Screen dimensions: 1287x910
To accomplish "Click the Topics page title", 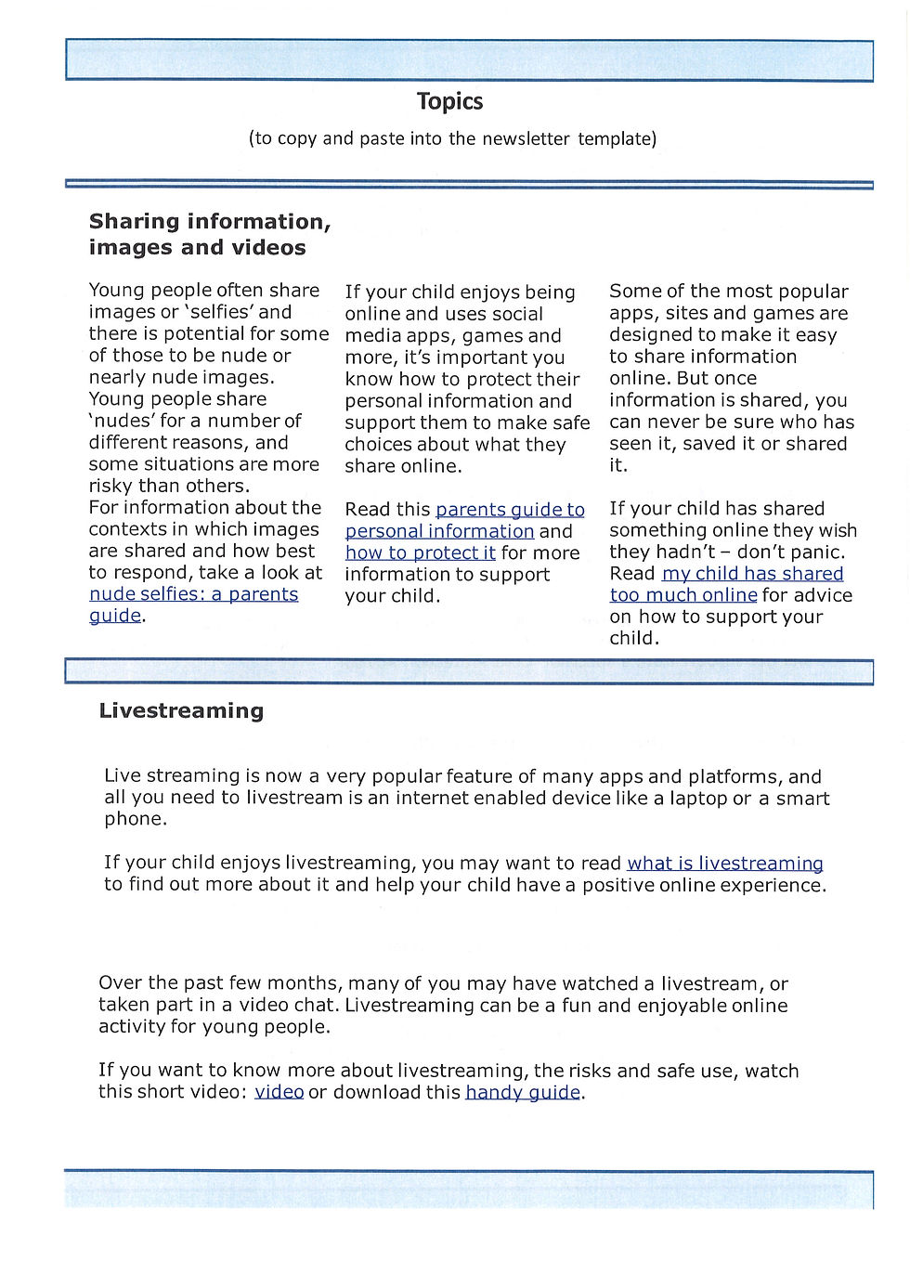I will coord(449,101).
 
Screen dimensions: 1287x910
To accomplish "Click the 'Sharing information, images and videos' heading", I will coord(210,234).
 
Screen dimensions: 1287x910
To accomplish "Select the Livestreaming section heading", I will coord(181,711).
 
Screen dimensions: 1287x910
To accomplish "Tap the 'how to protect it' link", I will coord(420,553).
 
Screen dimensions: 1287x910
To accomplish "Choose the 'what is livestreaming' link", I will coord(724,864).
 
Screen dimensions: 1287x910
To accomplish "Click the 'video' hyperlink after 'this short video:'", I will coord(279,1092).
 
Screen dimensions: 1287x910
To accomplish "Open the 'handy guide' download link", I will coord(523,1092).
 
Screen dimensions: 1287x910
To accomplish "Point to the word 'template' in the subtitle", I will coord(617,139).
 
